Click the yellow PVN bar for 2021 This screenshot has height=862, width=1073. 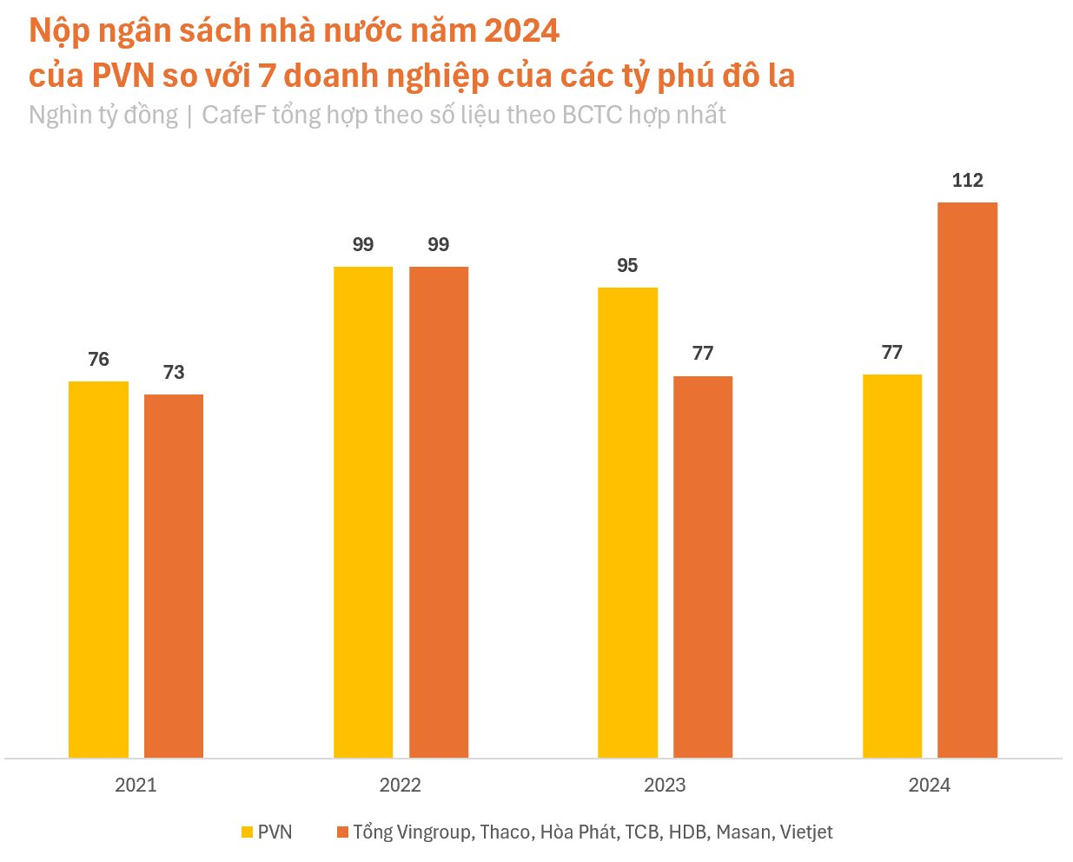click(98, 569)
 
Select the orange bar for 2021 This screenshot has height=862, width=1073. click(174, 576)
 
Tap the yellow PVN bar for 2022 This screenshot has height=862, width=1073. click(363, 512)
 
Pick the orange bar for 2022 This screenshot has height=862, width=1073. click(439, 512)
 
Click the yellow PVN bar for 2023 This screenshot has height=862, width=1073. click(627, 522)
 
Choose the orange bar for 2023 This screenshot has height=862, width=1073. click(703, 567)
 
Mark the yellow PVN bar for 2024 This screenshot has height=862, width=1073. click(892, 566)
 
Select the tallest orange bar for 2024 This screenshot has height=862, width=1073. click(968, 480)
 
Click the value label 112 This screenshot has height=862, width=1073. click(968, 181)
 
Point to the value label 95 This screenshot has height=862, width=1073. click(627, 266)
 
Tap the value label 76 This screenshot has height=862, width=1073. click(98, 360)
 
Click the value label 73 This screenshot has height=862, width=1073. click(174, 373)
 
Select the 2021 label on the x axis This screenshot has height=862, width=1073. click(136, 786)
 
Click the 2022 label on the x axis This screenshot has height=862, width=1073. click(401, 786)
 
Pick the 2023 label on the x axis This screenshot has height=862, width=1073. click(665, 786)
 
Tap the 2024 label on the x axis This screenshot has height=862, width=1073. click(930, 786)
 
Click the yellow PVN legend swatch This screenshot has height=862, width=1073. click(247, 832)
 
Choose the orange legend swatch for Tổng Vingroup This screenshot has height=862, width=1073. click(342, 832)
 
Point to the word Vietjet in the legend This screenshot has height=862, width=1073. click(806, 832)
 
